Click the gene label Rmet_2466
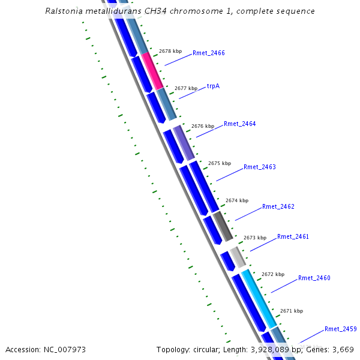tap(208, 53)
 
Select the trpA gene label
tap(213, 86)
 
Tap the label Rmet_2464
tap(239, 124)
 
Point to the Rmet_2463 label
tap(259, 167)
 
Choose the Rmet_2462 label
tap(278, 207)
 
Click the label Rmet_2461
tap(293, 237)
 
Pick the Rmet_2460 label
tap(314, 278)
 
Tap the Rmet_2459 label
tap(340, 329)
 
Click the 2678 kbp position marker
tap(170, 52)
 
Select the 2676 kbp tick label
tap(202, 127)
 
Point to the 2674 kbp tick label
tap(236, 201)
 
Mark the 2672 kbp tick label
tap(272, 274)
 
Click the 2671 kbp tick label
tap(291, 311)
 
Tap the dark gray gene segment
tap(223, 226)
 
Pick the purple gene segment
tap(184, 142)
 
